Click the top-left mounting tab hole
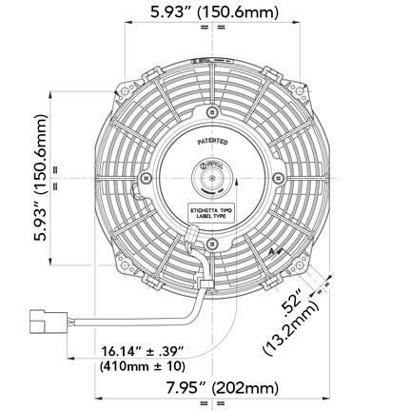[123, 92]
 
